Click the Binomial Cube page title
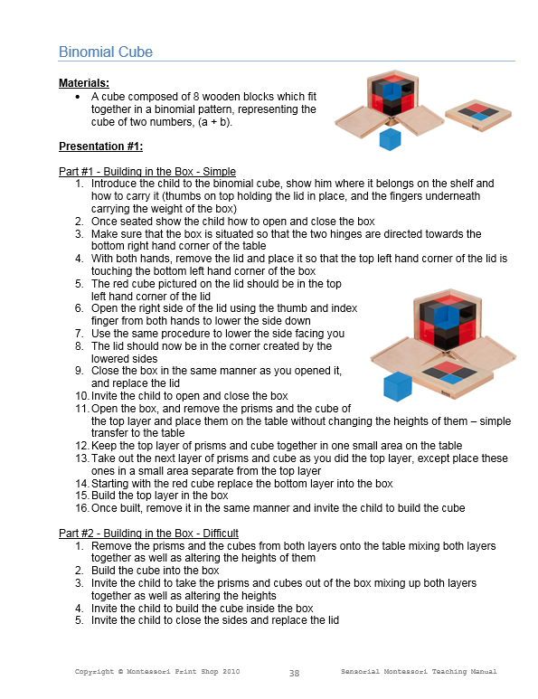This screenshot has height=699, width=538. coord(106,52)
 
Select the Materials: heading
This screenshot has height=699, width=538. coord(84,83)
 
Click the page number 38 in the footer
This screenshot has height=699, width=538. coord(294,673)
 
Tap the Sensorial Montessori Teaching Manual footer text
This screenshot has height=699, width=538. coord(420,672)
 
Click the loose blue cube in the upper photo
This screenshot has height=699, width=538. coord(390,138)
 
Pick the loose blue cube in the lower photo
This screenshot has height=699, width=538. coord(397,387)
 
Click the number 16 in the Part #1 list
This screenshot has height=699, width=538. coord(80,508)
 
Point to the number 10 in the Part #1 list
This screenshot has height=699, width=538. coord(80,396)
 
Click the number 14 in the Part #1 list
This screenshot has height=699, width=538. coord(80,484)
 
